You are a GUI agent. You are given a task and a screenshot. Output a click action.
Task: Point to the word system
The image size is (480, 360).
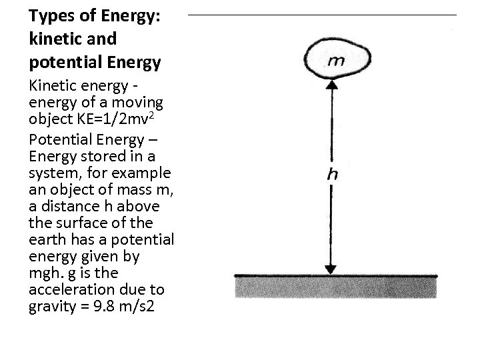52,173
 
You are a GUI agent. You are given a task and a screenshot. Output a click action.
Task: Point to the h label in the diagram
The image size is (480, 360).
332,175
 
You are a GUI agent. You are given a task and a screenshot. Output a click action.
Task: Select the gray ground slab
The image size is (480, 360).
337,287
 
